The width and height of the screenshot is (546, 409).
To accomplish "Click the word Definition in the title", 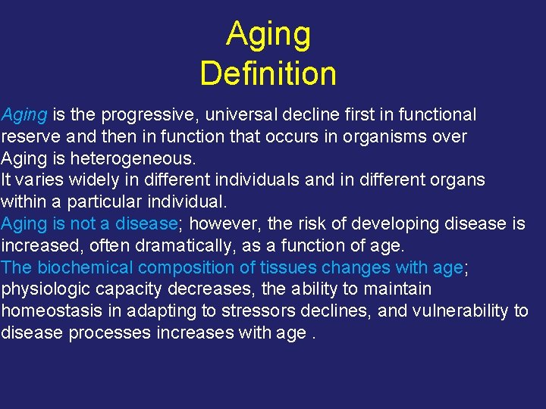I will [268, 73].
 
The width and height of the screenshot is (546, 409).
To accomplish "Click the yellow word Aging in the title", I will [268, 35].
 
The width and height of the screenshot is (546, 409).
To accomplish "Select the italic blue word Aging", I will [24, 115].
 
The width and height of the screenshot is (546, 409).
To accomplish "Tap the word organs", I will [457, 181].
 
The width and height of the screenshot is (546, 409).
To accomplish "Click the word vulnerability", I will [460, 311].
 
